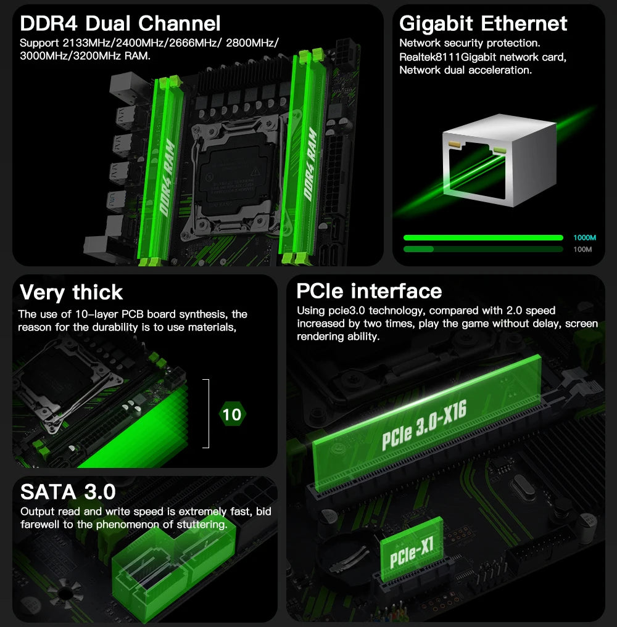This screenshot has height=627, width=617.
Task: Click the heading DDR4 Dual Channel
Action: tap(120, 24)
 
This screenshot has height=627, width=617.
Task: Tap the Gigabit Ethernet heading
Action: tap(483, 24)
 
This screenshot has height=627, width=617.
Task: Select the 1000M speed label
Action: tap(584, 238)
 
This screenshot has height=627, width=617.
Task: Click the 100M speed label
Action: tap(582, 250)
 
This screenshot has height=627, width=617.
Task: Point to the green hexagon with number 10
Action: tap(232, 414)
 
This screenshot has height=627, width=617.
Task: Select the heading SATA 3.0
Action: tap(68, 491)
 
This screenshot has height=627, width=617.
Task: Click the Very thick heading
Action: tap(71, 292)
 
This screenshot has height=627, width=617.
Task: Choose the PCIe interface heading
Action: tap(369, 291)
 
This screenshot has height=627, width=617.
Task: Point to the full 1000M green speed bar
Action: tap(482, 238)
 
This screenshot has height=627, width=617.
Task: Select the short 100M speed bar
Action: tap(418, 249)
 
